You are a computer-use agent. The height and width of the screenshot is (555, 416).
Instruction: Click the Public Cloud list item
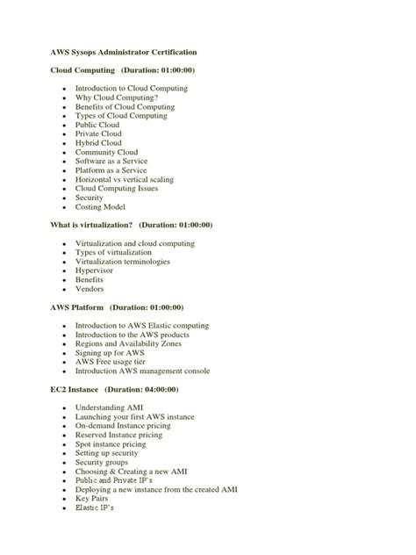coord(98,125)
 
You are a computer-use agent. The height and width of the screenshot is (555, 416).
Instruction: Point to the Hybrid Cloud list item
coord(99,142)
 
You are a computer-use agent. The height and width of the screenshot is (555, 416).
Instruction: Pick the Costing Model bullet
coord(100,206)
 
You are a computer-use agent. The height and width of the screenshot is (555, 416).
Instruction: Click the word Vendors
coord(90,288)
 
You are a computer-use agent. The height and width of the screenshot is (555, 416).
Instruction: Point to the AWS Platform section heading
coord(77,307)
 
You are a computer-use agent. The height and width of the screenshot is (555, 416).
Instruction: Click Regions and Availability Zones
coord(129,343)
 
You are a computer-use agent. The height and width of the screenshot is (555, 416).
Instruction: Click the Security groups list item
coord(102,462)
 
